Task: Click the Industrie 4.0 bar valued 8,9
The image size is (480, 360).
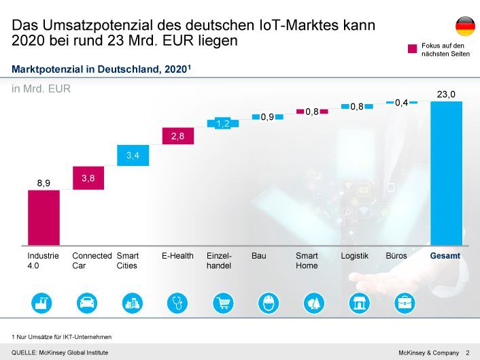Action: coord(44,218)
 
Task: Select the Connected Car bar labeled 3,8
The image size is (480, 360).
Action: coord(88,178)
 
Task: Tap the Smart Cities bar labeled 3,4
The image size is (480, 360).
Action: coord(133,156)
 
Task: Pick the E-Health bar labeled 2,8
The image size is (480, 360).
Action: coord(177,136)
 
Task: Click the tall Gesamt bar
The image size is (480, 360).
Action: coord(446,174)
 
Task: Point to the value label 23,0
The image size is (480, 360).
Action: coord(446,95)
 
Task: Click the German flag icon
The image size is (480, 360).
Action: coord(465,27)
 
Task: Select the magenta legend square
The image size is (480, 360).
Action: coord(412,49)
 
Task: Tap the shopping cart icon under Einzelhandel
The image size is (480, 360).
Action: coord(223,302)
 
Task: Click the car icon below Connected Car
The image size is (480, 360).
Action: coord(88,302)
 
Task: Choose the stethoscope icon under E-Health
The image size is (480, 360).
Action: coord(177,302)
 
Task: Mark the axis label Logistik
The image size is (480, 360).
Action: coord(354,256)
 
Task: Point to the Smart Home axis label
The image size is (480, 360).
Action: coord(307,261)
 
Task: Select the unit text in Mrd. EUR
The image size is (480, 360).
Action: coord(41,88)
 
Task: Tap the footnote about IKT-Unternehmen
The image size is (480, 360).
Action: coord(62,337)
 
